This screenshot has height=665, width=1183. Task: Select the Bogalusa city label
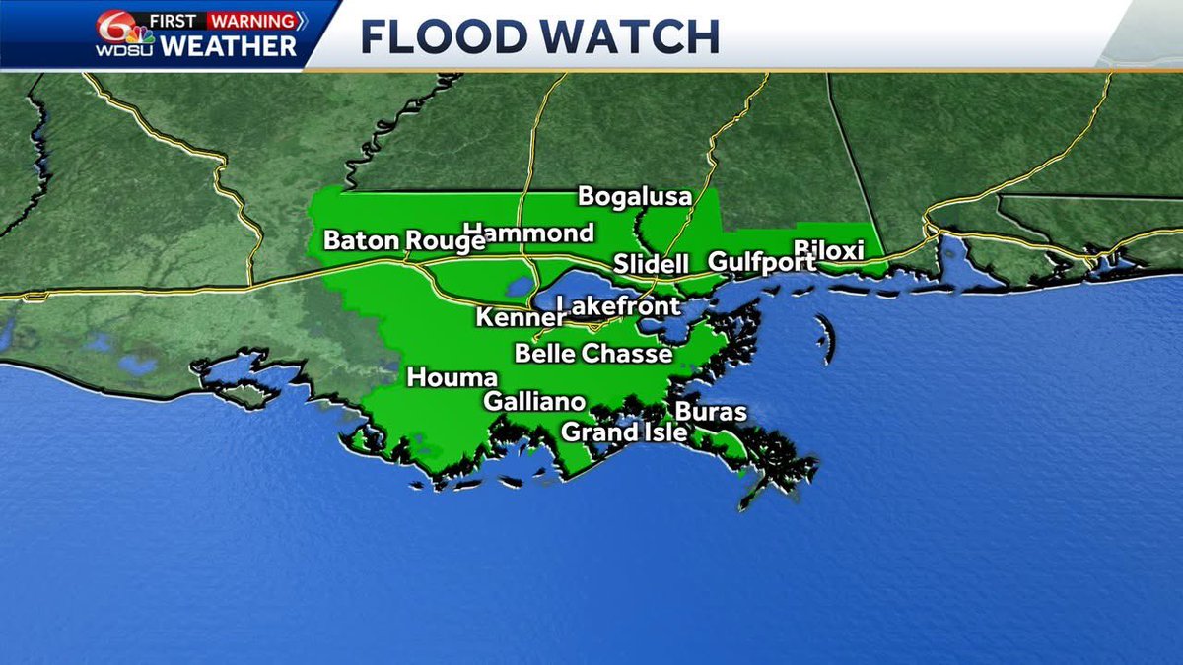click(x=635, y=196)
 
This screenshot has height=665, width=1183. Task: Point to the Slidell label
click(x=650, y=264)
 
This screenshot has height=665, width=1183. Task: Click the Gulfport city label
click(x=762, y=262)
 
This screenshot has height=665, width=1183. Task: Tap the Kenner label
click(x=520, y=317)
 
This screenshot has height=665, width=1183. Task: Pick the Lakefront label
click(x=619, y=306)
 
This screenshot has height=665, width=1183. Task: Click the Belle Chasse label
click(x=593, y=354)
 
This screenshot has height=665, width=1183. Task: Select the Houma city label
click(x=452, y=377)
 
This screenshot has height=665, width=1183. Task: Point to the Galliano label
click(x=534, y=401)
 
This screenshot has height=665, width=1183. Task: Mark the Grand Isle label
click(x=624, y=432)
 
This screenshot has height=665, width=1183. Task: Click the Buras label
click(x=711, y=412)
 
